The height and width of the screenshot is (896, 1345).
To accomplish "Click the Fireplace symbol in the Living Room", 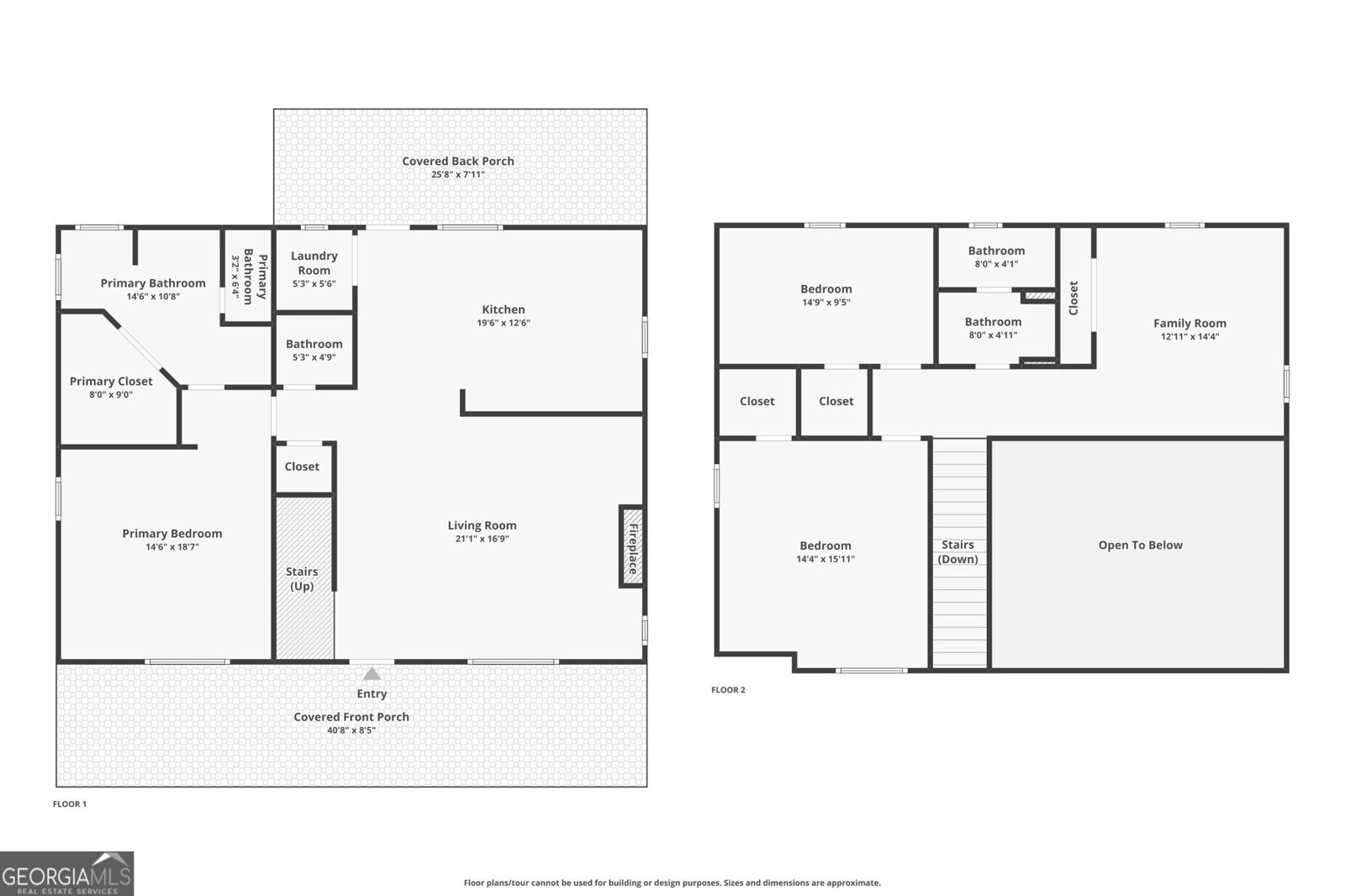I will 632,546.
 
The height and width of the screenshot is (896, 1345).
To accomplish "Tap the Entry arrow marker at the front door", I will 372,673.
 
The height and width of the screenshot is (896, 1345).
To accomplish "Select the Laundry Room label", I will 314,263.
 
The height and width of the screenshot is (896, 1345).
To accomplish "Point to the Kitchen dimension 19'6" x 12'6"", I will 504,323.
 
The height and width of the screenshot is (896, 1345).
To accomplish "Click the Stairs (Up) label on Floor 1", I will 302,578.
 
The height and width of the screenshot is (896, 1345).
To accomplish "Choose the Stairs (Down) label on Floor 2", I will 957,552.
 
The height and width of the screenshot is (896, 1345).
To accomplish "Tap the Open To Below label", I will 1140,546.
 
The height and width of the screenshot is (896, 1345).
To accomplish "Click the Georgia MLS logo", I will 66,873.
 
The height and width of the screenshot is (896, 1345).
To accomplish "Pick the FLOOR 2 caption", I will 728,690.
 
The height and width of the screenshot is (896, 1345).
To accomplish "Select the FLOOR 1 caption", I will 70,804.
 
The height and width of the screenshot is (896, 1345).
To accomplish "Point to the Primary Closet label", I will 111,382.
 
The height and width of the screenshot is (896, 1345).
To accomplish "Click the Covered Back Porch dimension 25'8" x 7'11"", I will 458,175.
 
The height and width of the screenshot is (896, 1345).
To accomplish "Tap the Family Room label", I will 1189,324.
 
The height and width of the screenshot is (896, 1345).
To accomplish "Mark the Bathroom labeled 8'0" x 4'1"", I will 996,250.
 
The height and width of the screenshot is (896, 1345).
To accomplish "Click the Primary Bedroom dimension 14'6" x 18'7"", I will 172,547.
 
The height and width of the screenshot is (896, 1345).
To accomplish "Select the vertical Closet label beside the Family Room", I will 1073,298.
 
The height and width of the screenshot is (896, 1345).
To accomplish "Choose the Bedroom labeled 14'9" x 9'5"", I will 825,289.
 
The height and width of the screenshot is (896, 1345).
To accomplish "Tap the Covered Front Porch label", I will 351,717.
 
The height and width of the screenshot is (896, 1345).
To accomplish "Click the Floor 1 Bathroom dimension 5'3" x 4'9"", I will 314,357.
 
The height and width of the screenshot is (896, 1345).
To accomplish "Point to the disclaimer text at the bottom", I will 672,883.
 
